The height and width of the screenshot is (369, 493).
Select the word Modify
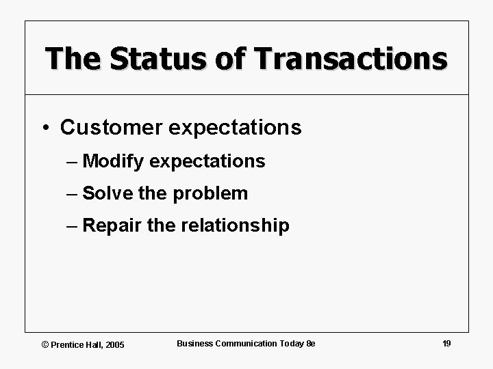click(113, 161)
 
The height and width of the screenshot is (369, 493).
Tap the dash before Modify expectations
click(73, 162)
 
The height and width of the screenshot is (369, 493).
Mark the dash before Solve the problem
click(73, 194)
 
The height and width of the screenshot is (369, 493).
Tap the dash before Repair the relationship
click(73, 226)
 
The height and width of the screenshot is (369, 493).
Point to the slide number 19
click(446, 343)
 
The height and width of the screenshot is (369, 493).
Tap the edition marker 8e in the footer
click(310, 343)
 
